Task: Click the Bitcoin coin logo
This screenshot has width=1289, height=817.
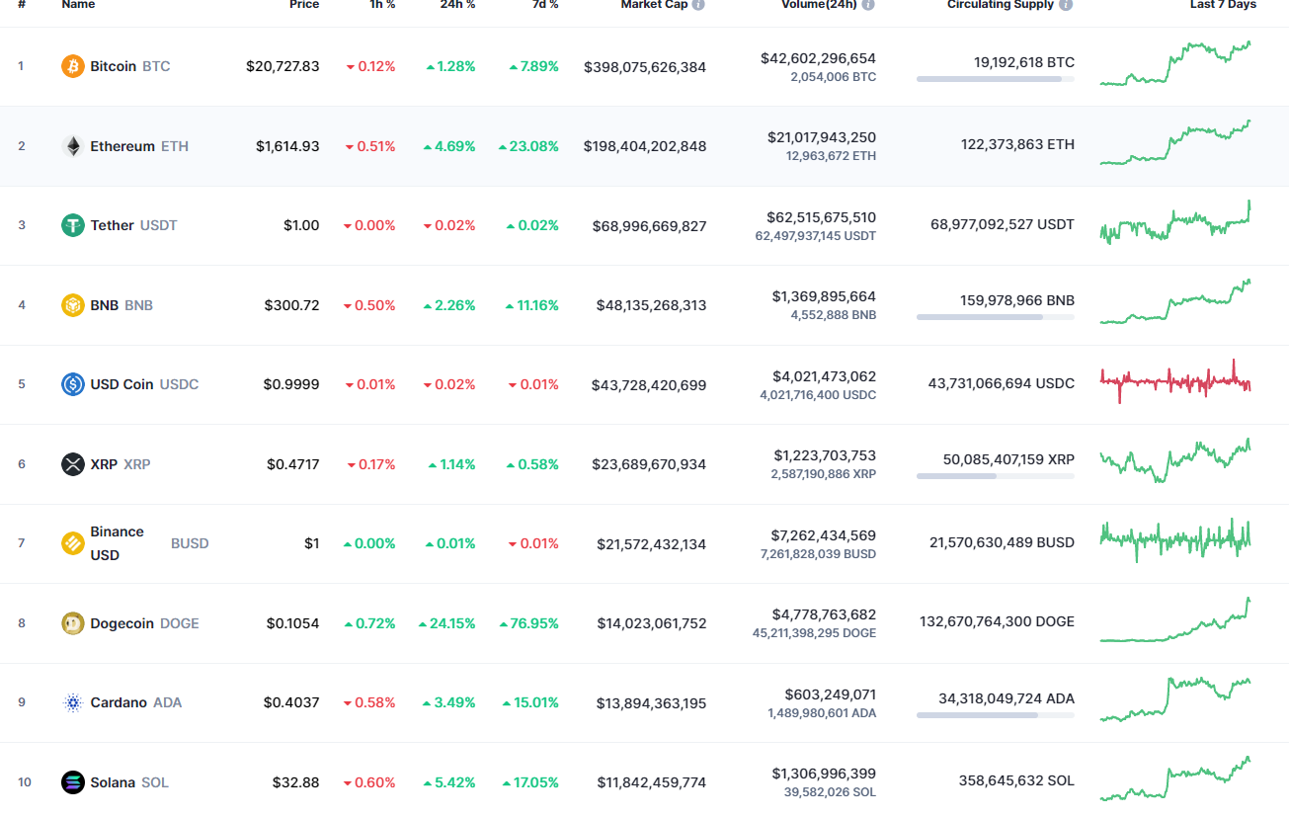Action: click(73, 66)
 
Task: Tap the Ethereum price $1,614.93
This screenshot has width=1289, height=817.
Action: click(287, 146)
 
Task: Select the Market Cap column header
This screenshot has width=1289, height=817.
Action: click(654, 5)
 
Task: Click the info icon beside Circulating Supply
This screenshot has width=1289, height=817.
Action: click(1066, 5)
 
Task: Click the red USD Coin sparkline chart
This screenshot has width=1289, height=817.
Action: click(1175, 381)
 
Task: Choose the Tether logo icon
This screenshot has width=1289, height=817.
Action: click(73, 225)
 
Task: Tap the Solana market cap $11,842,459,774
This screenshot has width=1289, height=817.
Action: click(652, 782)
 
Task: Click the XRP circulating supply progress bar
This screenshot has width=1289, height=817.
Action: click(995, 476)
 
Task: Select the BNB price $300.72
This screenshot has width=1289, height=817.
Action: click(291, 305)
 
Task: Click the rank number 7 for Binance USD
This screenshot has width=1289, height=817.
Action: click(21, 543)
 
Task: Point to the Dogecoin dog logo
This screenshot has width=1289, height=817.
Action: click(73, 623)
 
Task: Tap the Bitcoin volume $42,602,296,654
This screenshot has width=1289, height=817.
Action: click(818, 58)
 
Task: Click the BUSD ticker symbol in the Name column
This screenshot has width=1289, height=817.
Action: click(190, 543)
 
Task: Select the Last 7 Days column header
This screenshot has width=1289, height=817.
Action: click(1223, 5)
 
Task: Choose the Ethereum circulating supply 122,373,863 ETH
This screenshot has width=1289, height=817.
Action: click(1017, 144)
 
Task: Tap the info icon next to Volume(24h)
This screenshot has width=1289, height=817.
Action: click(868, 5)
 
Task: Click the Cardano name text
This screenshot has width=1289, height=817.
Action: click(119, 702)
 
